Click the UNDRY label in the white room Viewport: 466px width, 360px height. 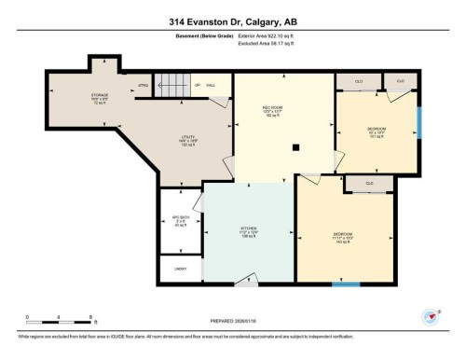(x=181, y=270)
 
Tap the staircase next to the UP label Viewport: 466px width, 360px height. (x=171, y=87)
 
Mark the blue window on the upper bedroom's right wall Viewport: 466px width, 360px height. (x=418, y=121)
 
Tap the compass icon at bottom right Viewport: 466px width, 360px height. (x=431, y=316)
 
